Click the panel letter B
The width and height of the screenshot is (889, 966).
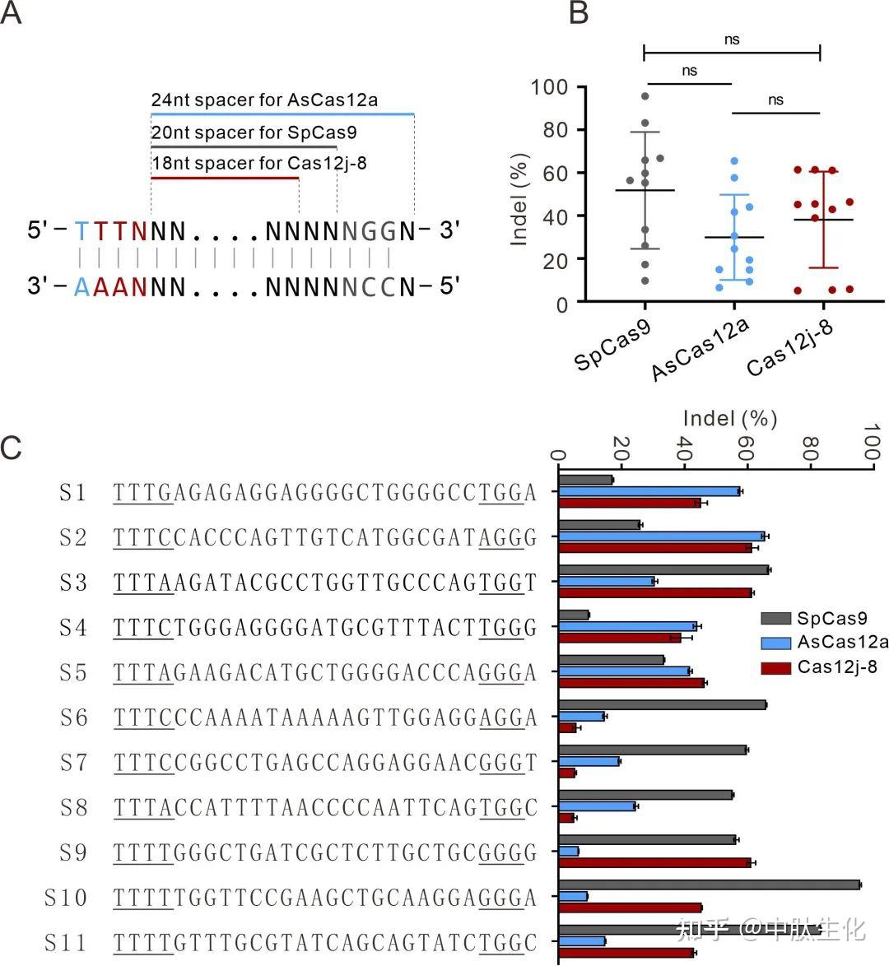tap(579, 12)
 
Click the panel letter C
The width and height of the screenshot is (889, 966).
tap(11, 448)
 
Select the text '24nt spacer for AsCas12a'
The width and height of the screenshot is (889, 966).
tap(264, 100)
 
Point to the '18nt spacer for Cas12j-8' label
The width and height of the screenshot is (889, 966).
tap(258, 163)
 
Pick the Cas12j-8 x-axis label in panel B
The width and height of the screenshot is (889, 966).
tap(790, 348)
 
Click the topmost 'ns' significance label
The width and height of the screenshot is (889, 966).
tap(732, 39)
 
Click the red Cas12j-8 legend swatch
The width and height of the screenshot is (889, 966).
tap(775, 666)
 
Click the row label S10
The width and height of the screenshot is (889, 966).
tap(66, 897)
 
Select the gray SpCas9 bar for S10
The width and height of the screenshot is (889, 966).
tap(709, 885)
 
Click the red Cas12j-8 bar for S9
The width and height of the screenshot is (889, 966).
tap(654, 862)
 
